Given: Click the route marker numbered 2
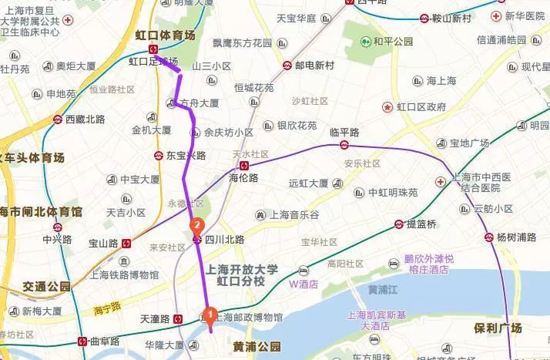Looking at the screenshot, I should (196, 227).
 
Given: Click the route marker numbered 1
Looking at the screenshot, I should (207, 315).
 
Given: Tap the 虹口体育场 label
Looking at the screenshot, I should (165, 35).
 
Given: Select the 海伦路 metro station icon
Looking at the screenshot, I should (243, 165).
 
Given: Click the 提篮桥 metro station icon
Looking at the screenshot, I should (398, 224).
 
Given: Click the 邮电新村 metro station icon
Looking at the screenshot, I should (287, 66).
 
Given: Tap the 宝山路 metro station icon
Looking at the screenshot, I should (126, 243).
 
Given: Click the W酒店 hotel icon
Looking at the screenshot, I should (304, 271).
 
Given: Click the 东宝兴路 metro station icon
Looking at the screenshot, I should (158, 155).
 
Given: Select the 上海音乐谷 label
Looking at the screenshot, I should (294, 214).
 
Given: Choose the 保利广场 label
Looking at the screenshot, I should (500, 328).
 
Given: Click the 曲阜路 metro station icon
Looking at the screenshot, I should (83, 341).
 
